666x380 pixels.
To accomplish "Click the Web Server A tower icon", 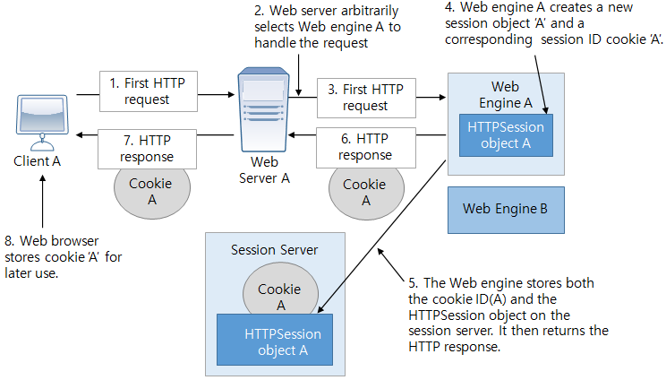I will (x=267, y=112).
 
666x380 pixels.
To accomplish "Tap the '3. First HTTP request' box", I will (x=365, y=97).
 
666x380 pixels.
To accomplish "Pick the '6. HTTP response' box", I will (x=365, y=147).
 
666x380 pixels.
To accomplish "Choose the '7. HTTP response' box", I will (x=146, y=148).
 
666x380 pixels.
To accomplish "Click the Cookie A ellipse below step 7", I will (x=150, y=192).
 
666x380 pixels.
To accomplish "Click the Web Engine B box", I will (x=506, y=209).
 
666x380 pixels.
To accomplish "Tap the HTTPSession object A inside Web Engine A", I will (x=506, y=135).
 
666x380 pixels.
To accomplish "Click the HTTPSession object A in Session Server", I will (x=275, y=341).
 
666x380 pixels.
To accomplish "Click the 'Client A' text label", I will (x=38, y=162).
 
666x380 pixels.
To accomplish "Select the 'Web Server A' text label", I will (x=264, y=169).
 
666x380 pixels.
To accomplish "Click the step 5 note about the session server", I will (x=507, y=315).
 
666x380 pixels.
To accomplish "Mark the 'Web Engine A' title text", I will (x=505, y=94).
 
